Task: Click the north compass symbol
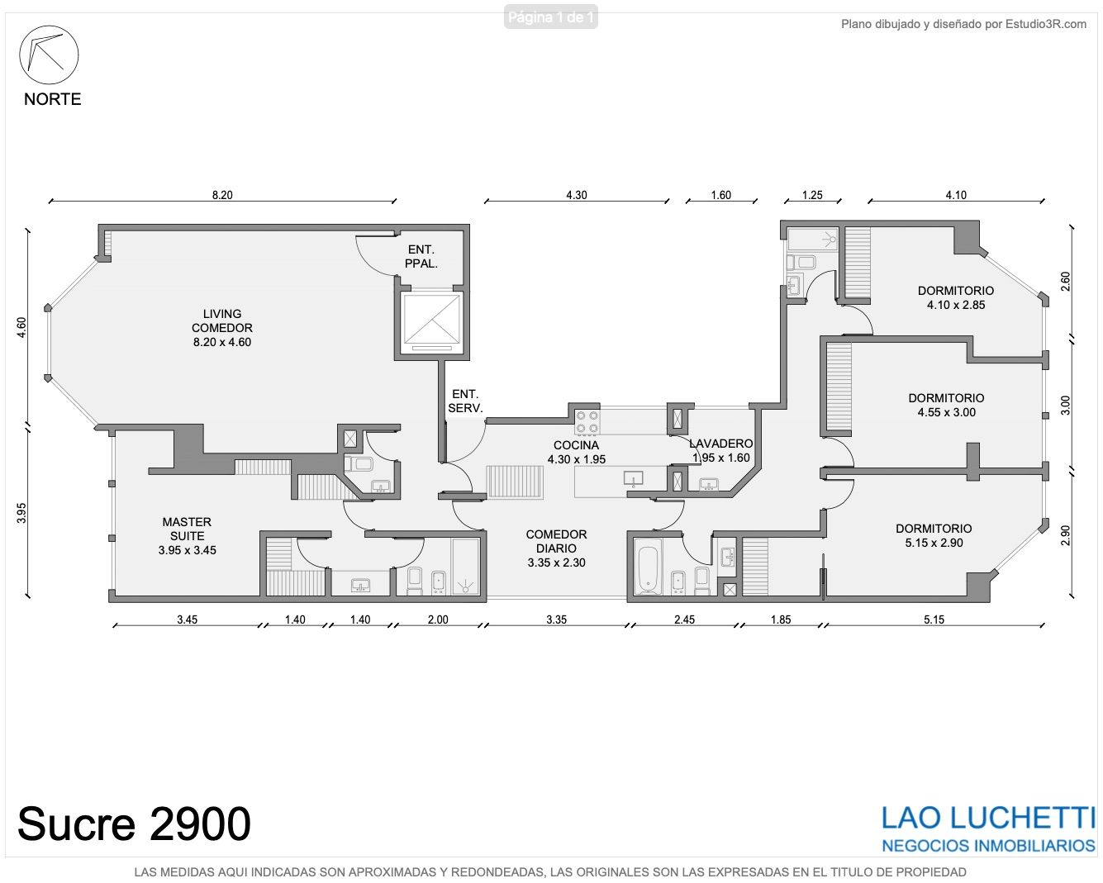(x=49, y=55)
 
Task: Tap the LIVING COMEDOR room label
(x=222, y=328)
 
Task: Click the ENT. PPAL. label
(x=421, y=257)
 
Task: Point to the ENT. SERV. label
(x=465, y=401)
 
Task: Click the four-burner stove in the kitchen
(x=587, y=422)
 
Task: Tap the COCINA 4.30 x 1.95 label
(x=576, y=452)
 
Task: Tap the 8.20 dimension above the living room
(x=222, y=195)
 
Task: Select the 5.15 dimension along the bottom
(x=934, y=620)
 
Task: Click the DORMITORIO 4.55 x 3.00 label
(x=946, y=405)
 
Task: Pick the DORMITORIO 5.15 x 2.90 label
(x=934, y=535)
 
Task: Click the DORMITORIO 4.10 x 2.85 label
(x=955, y=297)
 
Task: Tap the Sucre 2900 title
(x=135, y=824)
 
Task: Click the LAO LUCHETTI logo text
(x=987, y=818)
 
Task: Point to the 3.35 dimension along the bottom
(x=556, y=620)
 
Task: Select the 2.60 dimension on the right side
(x=1065, y=281)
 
